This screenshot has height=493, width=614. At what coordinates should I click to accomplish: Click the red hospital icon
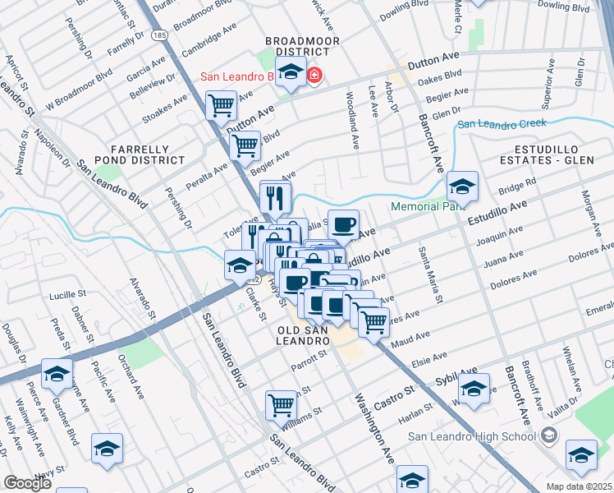coord(314,76)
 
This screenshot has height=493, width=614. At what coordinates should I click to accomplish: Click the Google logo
coord(27,483)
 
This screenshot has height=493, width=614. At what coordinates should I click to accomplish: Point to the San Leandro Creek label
coord(502,124)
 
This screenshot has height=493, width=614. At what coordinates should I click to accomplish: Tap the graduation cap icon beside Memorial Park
coord(463,187)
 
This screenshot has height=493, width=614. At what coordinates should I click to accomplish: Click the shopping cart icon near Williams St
coord(281,405)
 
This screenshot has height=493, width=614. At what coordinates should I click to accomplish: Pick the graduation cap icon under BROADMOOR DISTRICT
coord(291,72)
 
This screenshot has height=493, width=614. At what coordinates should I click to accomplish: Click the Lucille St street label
coord(68,293)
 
